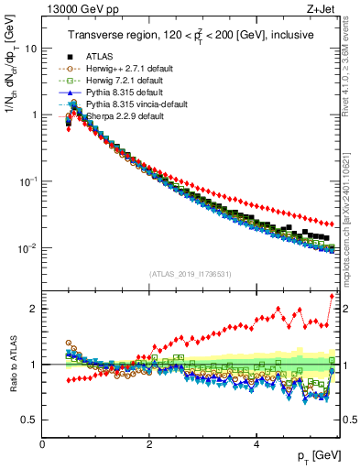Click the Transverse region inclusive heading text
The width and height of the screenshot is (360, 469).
tap(191, 35)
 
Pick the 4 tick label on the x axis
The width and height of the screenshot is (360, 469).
tap(256, 443)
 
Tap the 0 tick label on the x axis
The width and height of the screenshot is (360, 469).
tap(42, 443)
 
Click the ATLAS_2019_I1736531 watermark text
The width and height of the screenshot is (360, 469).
tap(191, 274)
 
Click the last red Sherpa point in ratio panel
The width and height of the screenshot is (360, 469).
tap(332, 296)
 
